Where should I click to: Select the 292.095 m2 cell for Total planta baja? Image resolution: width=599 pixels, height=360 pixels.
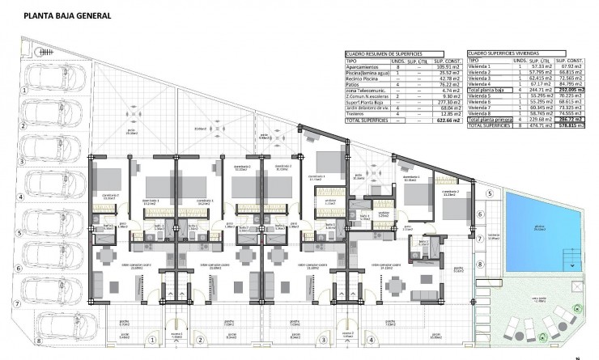[x=571, y=90]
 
